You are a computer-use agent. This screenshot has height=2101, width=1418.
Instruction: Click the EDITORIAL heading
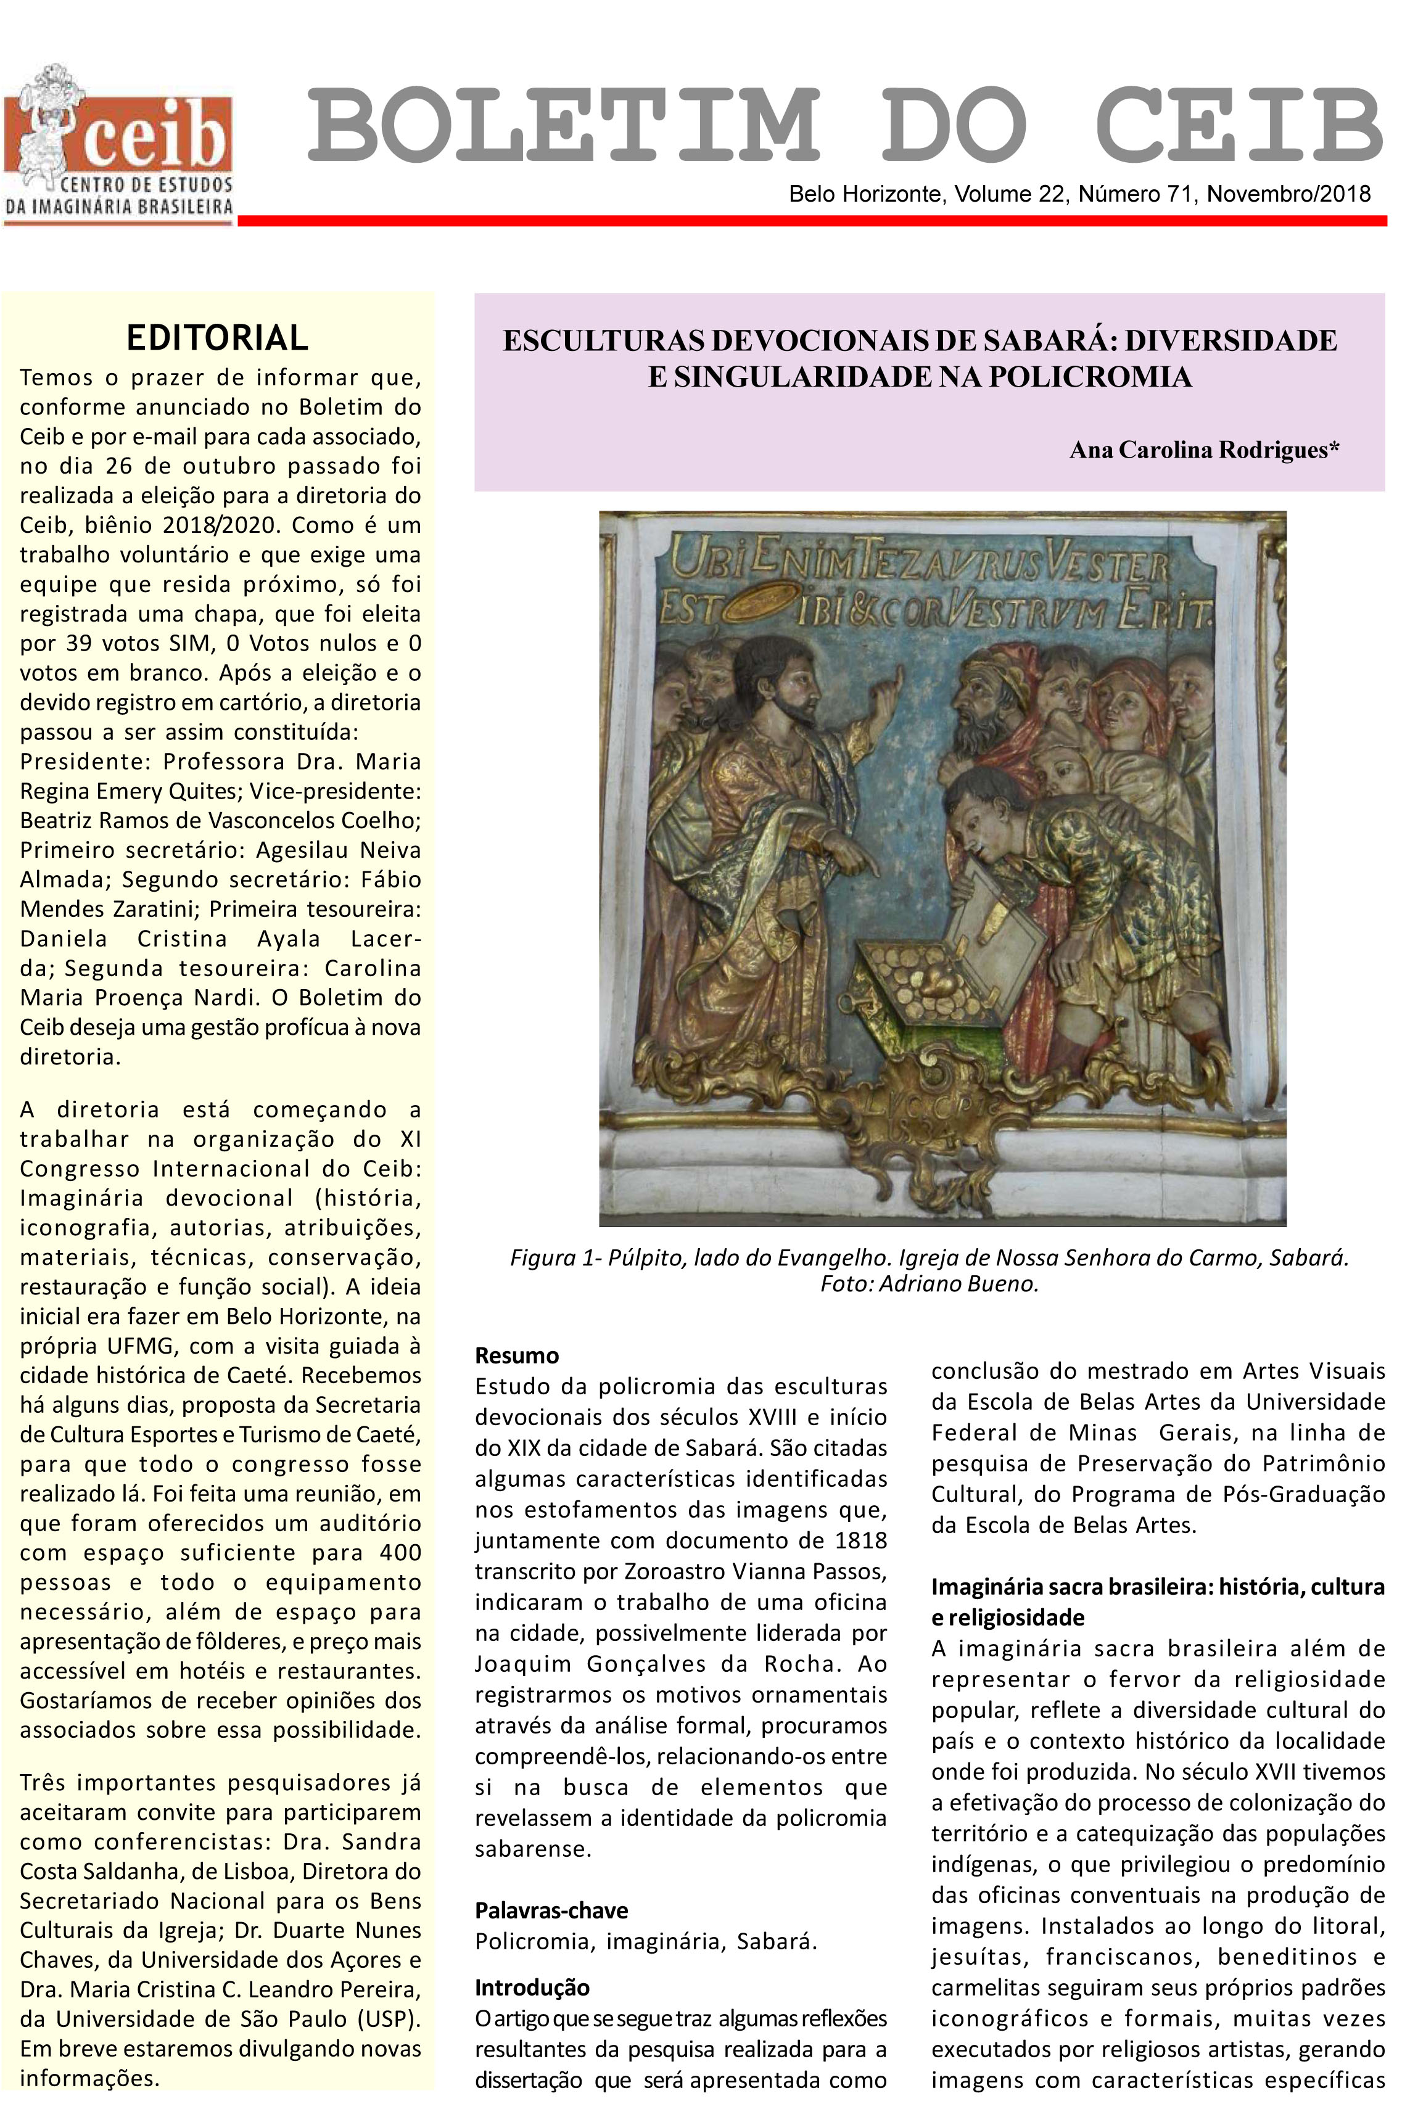(x=217, y=338)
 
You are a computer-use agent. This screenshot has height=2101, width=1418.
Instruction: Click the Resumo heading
(x=516, y=1355)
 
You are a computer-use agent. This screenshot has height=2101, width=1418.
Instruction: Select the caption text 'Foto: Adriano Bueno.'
(x=929, y=1285)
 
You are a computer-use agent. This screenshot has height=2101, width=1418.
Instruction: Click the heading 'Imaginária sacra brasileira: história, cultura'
(x=1158, y=1587)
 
